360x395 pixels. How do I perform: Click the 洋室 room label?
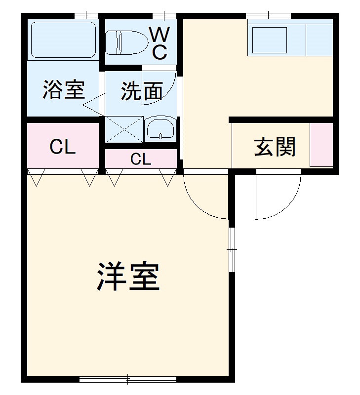pyautogui.click(x=127, y=277)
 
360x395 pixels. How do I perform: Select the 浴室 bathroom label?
pyautogui.click(x=64, y=89)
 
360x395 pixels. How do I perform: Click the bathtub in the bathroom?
pyautogui.click(x=63, y=40)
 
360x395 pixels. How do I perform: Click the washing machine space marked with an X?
pyautogui.click(x=124, y=129)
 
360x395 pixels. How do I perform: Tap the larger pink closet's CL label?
pyautogui.click(x=63, y=147)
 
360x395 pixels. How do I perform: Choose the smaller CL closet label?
pyautogui.click(x=141, y=159)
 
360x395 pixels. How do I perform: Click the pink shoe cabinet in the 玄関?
pyautogui.click(x=321, y=144)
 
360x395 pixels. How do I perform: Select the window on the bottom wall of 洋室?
pyautogui.click(x=127, y=379)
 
